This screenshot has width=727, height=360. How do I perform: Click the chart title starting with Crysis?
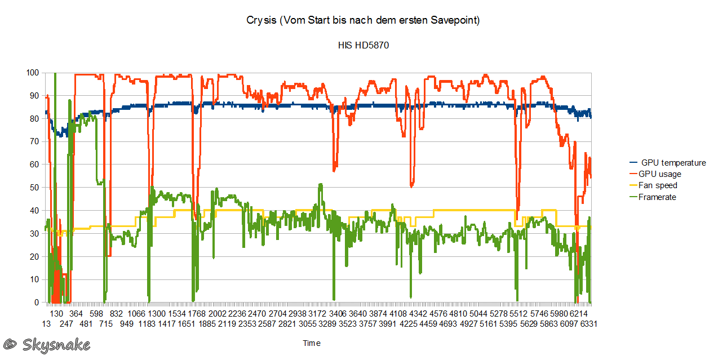pos(363,21)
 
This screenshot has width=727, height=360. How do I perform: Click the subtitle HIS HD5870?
pos(363,45)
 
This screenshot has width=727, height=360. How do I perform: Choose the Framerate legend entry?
pos(657,197)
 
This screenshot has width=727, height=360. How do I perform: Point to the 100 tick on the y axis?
pos(33,73)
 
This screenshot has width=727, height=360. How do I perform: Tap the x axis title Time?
pos(312,343)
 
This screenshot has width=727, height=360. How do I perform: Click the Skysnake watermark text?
pos(56,344)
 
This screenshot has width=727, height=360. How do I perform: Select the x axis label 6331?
pos(588,324)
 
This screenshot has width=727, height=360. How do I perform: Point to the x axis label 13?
pos(46,324)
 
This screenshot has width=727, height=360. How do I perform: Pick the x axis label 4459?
pos(429,324)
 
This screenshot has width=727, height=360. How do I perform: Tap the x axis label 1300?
pos(156,314)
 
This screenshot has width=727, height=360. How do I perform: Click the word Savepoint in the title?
pos(454,21)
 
